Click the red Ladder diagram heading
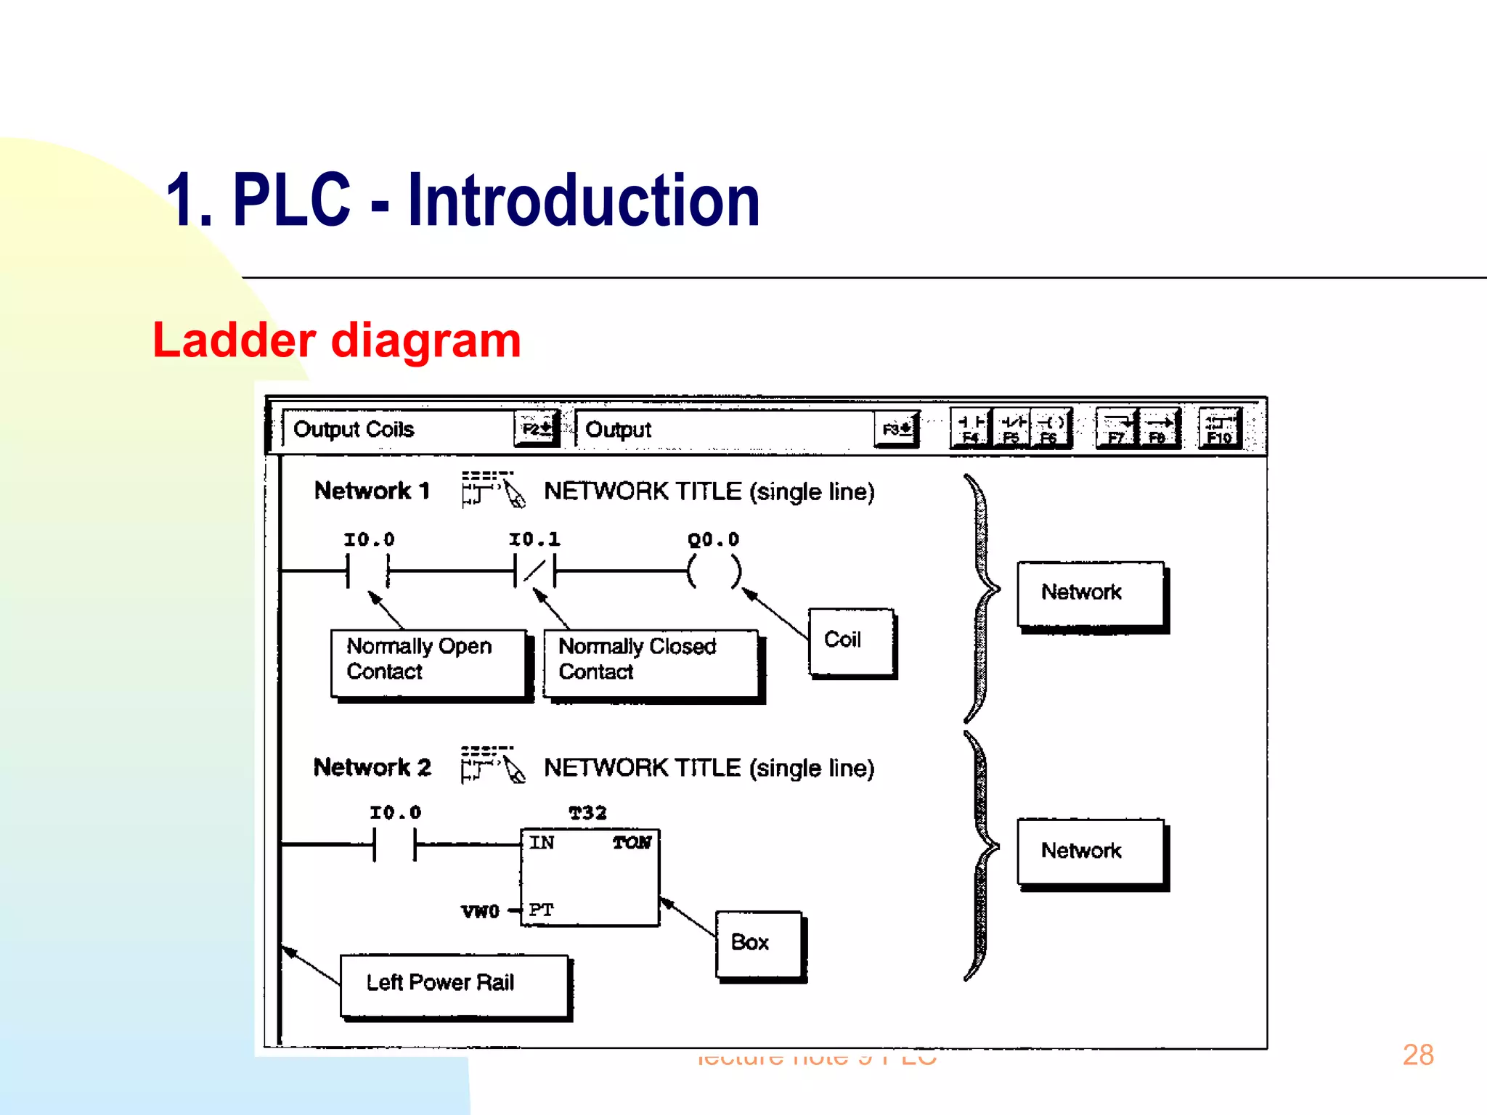(x=336, y=340)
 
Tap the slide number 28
(x=1417, y=1054)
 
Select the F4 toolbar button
(x=971, y=429)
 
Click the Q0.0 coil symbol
(x=714, y=571)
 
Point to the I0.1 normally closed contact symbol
(x=534, y=571)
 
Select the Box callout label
(x=758, y=943)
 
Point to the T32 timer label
(x=587, y=813)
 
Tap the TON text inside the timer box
(x=632, y=843)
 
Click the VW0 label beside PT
(x=480, y=912)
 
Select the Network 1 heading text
(x=372, y=491)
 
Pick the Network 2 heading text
(x=372, y=767)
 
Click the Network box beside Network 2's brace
(x=1090, y=851)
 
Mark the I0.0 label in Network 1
(x=369, y=539)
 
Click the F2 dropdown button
(x=536, y=429)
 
